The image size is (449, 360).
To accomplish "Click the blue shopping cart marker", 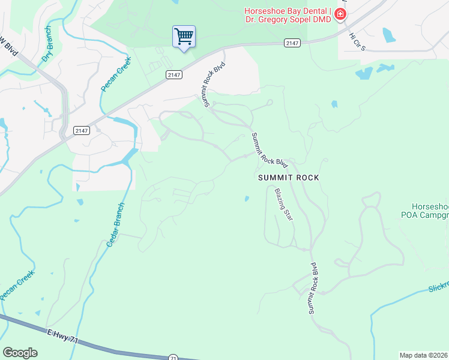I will click(x=184, y=37).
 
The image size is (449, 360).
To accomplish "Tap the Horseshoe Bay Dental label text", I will click(x=287, y=15).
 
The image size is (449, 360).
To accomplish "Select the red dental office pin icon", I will click(x=340, y=14).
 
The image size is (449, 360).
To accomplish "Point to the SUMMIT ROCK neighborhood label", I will click(x=288, y=178).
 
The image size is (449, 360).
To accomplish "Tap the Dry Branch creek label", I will click(x=47, y=46).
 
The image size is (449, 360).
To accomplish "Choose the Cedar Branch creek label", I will click(x=116, y=226).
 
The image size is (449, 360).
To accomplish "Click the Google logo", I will click(x=20, y=353).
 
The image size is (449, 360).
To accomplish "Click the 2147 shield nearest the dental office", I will click(x=292, y=43).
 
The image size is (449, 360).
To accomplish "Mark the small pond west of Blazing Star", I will click(x=247, y=199).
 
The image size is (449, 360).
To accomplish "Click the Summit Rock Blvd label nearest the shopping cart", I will click(x=214, y=84).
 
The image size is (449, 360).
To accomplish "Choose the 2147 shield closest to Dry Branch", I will click(x=82, y=130).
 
